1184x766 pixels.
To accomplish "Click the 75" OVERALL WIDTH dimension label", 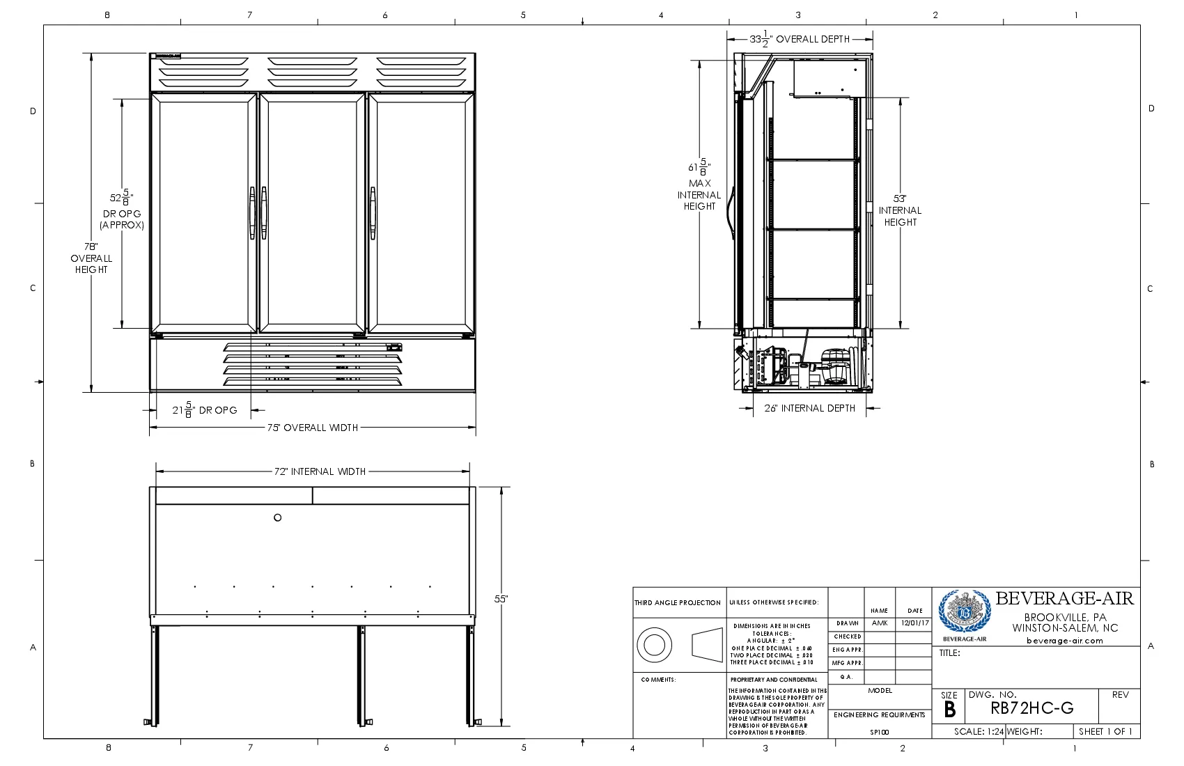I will click(313, 428).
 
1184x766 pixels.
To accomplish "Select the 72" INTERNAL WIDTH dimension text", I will click(320, 471).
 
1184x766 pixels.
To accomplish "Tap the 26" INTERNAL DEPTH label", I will click(809, 408).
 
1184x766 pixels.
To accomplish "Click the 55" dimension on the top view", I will click(501, 599).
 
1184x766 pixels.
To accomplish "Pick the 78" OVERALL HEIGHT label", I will click(91, 258).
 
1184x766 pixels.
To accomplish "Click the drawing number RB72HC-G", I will click(1031, 709).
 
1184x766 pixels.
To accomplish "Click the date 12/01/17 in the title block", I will click(914, 623).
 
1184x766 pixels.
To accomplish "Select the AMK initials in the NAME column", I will click(879, 623).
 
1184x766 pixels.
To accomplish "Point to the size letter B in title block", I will click(949, 710).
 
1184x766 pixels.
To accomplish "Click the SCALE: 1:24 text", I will click(979, 731).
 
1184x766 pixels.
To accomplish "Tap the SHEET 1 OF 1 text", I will click(1105, 731).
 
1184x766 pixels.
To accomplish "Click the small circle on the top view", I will click(277, 517).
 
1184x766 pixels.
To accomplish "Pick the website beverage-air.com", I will click(1065, 641).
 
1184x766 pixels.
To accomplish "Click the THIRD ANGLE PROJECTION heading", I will click(678, 603).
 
